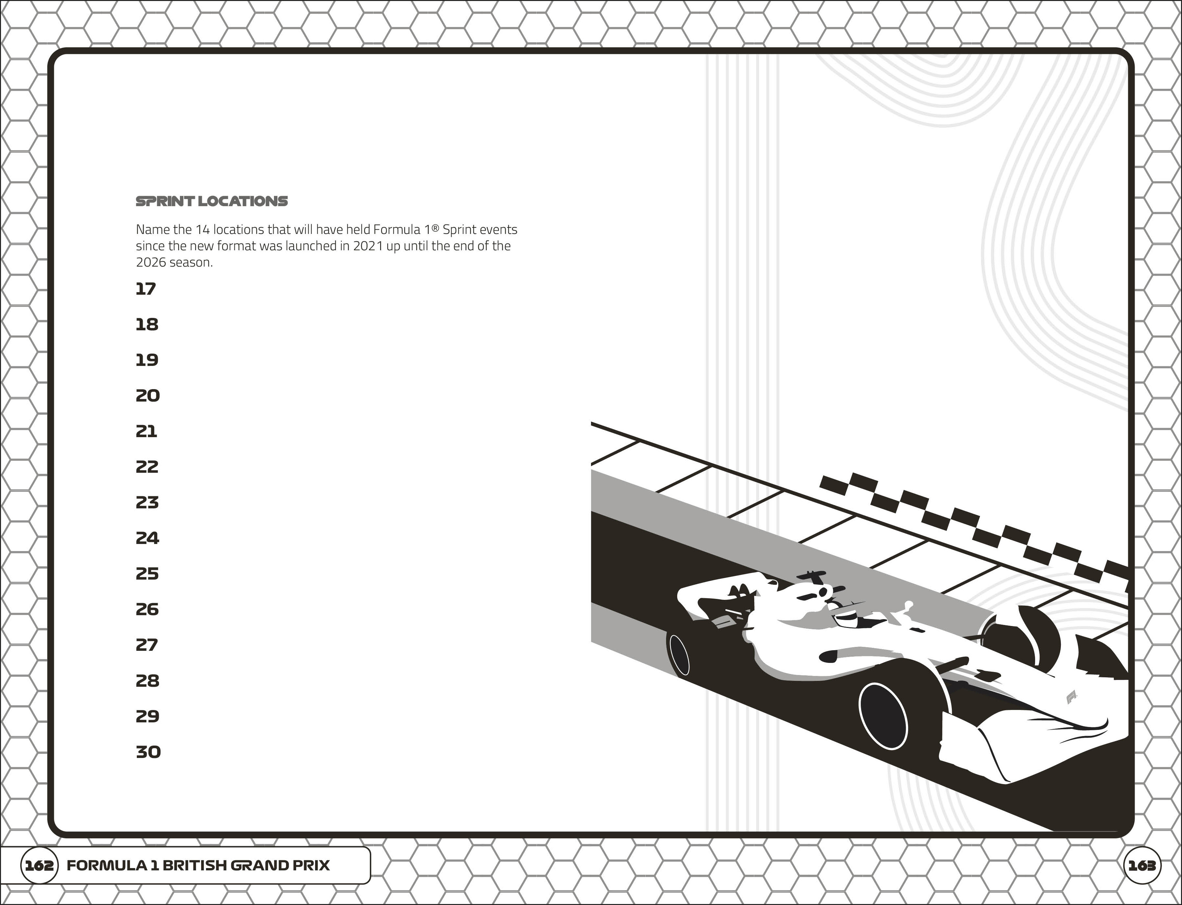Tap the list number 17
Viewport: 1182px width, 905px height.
point(145,289)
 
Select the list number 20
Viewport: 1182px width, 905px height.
point(148,396)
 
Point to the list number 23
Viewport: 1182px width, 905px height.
point(147,502)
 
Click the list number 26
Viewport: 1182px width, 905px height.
point(147,609)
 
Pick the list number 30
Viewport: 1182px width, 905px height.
point(148,752)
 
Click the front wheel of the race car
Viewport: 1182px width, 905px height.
point(883,716)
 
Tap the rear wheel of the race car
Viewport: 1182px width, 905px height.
point(679,654)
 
